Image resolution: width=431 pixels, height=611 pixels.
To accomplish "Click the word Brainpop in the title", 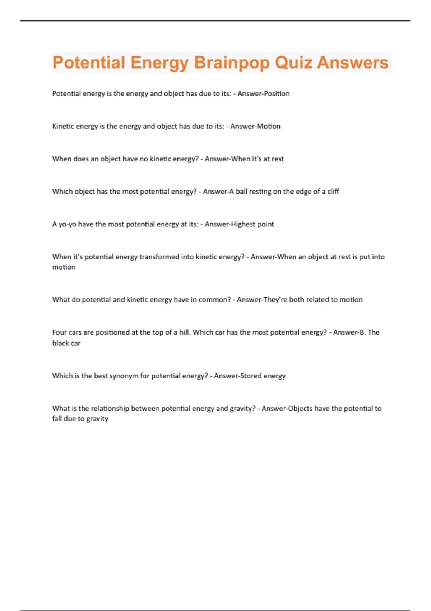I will click(x=232, y=63).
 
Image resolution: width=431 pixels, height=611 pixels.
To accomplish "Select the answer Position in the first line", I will click(x=277, y=93).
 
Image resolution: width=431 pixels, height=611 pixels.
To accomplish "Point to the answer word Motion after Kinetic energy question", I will click(x=268, y=126).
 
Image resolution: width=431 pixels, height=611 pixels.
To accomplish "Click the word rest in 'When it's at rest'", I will click(x=278, y=159).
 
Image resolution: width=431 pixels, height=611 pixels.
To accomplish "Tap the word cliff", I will click(x=333, y=192).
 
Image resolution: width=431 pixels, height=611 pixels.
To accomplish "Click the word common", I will click(x=213, y=300).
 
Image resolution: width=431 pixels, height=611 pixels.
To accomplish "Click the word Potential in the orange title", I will click(x=89, y=63).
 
